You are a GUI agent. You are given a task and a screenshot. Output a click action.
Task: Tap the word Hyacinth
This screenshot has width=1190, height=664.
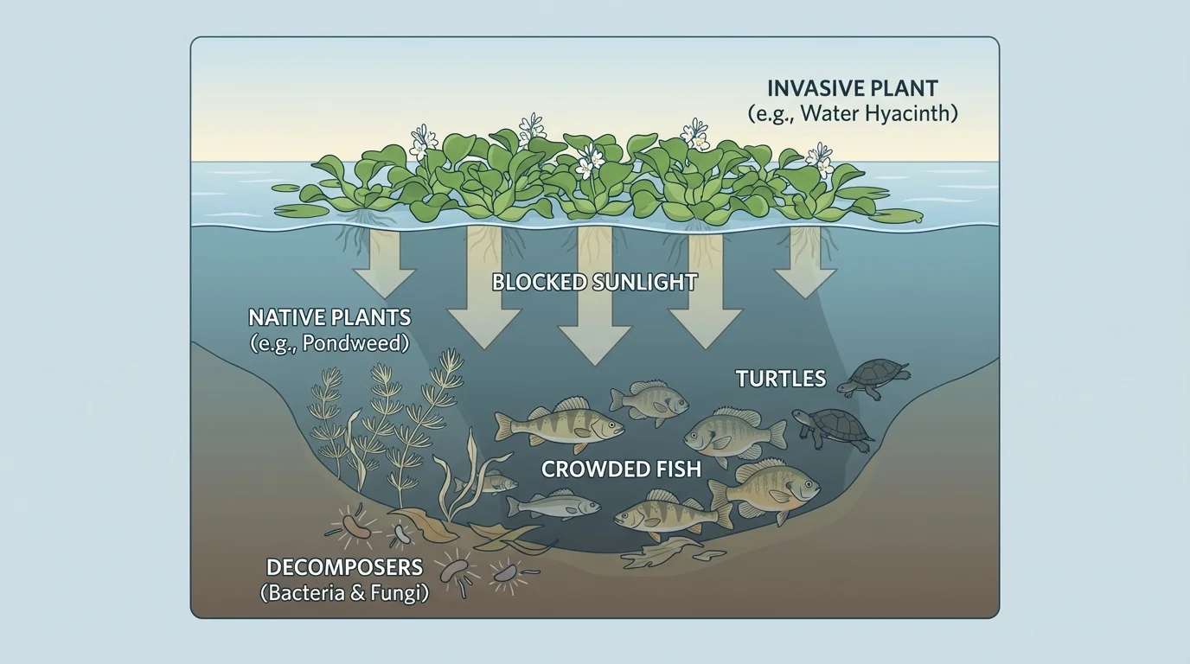(912, 113)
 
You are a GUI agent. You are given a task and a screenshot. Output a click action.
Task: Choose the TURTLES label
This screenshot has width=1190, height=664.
(780, 379)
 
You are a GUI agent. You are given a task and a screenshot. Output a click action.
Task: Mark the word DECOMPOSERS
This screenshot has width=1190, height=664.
(344, 568)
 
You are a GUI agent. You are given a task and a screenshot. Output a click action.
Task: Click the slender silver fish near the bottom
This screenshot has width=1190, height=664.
(553, 505)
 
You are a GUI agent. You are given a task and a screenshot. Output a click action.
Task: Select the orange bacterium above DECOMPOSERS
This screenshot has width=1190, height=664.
(357, 527)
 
